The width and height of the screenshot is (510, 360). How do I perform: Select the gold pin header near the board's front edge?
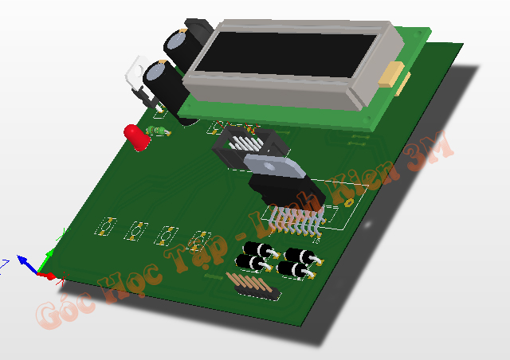[253, 287]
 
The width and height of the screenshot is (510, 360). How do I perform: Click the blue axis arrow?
[25, 260]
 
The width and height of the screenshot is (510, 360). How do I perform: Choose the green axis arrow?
[49, 256]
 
